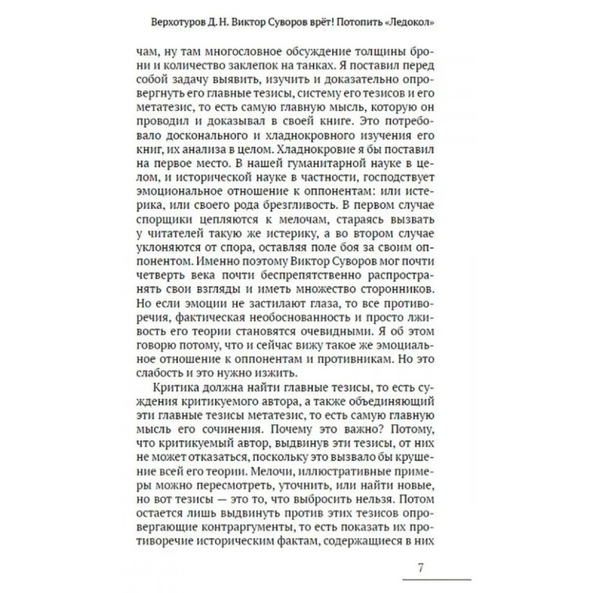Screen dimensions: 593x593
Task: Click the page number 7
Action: pyautogui.click(x=420, y=569)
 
